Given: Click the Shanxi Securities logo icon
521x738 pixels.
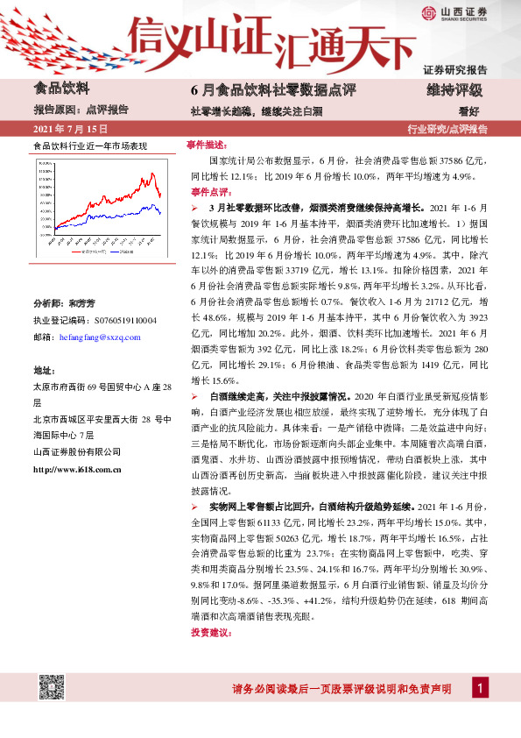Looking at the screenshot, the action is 429,13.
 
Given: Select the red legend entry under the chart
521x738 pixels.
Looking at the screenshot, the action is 81,251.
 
